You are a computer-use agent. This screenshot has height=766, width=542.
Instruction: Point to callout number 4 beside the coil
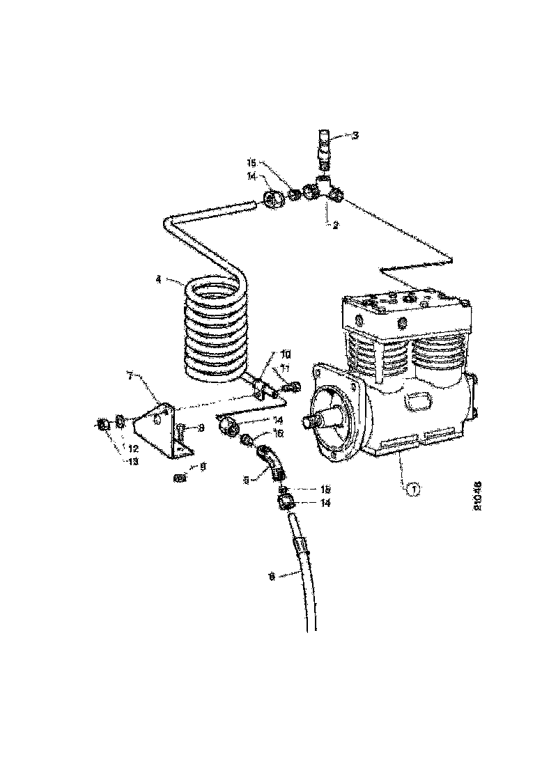coord(159,280)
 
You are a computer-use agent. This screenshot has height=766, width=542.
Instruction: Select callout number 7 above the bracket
coord(130,376)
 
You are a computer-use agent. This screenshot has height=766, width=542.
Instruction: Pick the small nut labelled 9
coord(179,478)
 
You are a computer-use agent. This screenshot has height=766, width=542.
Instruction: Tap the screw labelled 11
coord(295,384)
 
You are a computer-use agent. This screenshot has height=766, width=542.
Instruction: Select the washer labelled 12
coord(120,421)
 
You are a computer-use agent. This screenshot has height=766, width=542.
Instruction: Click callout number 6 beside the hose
coord(271,576)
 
